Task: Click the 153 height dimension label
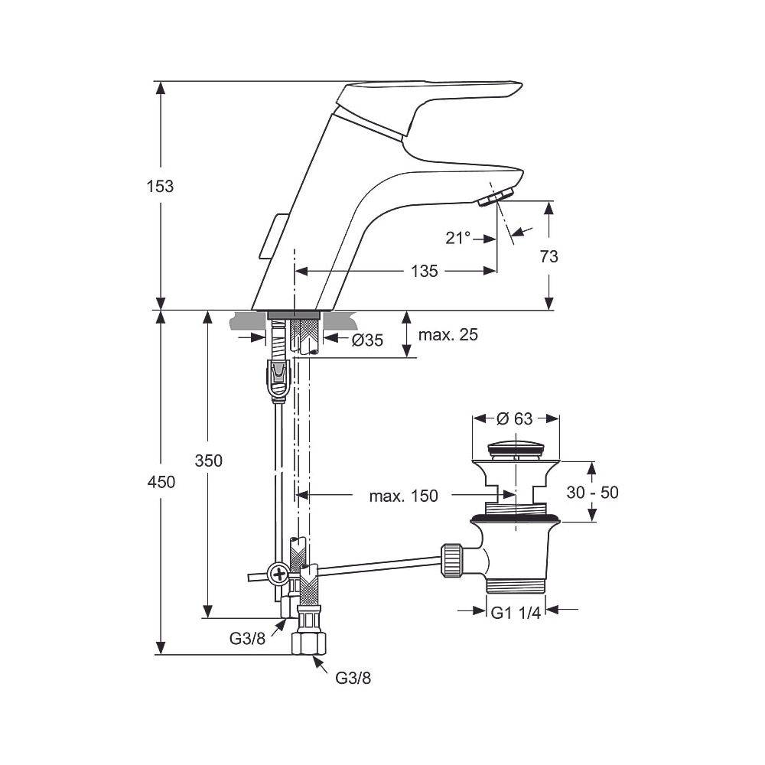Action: point(160,186)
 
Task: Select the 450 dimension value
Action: point(160,482)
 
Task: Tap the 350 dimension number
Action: point(208,461)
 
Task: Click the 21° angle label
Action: point(458,238)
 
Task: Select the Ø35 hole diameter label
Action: point(367,340)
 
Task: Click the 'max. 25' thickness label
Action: point(447,334)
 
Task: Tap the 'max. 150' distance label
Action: point(404,496)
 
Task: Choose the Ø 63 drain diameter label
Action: point(515,418)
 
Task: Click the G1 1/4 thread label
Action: point(516,613)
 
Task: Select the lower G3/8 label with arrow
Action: point(354,677)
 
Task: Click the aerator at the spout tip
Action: point(490,200)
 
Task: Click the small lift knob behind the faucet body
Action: point(269,237)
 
